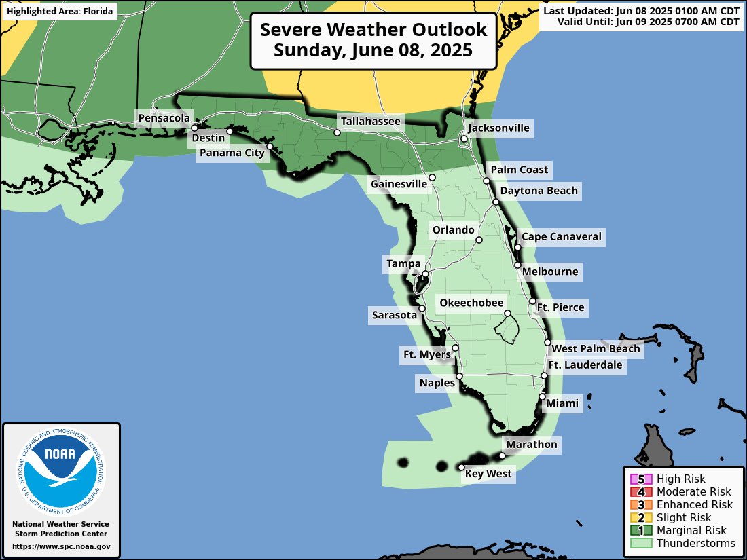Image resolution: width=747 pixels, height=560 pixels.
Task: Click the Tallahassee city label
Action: (371, 122)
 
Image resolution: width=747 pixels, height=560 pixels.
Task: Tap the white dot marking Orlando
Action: (479, 240)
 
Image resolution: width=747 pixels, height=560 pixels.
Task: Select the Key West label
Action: (488, 474)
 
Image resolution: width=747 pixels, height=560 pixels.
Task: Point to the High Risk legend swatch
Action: (640, 479)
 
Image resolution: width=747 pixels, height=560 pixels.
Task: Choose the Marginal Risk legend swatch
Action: (640, 530)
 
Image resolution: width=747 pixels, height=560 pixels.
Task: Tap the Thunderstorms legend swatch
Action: (640, 543)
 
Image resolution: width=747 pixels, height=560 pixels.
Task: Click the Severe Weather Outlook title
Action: (373, 31)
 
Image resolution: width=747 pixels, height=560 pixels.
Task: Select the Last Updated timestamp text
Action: (641, 12)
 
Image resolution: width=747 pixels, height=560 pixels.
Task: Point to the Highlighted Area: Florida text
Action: (59, 12)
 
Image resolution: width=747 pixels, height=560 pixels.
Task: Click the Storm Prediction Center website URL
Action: (61, 546)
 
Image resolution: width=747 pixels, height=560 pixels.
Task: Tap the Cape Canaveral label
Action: (561, 237)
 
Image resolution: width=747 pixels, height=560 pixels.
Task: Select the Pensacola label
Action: (164, 119)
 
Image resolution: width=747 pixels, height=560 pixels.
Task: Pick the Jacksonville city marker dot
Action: (464, 139)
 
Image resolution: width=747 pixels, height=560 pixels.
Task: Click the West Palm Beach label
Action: (596, 349)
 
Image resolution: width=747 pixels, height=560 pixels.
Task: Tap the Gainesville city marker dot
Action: (432, 177)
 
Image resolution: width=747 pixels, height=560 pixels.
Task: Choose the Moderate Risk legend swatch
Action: (640, 492)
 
